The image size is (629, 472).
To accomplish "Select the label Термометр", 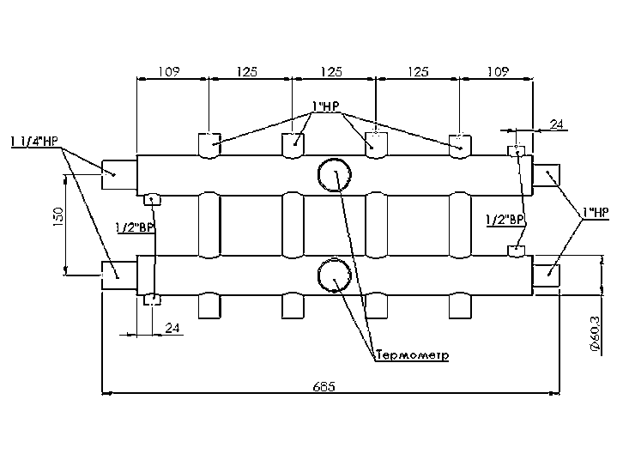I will click(x=412, y=354).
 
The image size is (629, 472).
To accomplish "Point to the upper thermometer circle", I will click(x=333, y=175).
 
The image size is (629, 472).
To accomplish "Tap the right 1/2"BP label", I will click(x=505, y=221).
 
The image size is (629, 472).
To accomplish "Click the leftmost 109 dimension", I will click(x=169, y=71).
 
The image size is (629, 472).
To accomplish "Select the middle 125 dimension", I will click(x=333, y=71).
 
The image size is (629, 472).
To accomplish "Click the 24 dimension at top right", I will click(x=556, y=125).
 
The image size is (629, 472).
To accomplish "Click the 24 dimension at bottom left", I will click(x=172, y=327).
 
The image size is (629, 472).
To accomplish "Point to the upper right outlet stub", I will click(x=546, y=175).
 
